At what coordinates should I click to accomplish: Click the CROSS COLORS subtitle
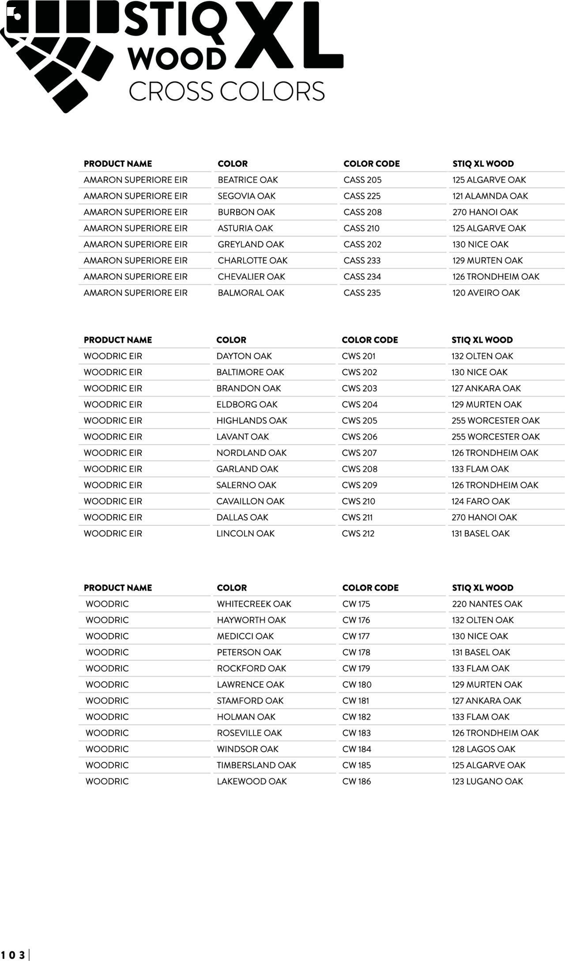point(226,91)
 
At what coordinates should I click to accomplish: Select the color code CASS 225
point(362,196)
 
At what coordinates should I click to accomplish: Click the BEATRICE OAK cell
point(248,180)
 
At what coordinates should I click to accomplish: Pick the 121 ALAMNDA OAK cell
point(490,196)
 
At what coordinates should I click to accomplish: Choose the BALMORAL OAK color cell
point(251,293)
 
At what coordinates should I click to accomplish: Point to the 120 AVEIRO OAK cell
point(486,293)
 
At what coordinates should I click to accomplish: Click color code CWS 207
point(359,453)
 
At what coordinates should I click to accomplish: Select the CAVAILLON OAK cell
point(250,501)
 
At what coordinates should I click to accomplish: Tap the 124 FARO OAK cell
point(480,501)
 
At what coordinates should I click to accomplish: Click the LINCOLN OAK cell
point(245,534)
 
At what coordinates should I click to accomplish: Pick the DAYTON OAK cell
point(244,356)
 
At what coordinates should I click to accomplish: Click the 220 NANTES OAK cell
point(487,604)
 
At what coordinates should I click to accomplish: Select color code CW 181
point(356,701)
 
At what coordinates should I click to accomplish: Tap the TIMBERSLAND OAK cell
point(256,765)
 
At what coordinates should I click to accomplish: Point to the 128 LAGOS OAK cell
point(483,749)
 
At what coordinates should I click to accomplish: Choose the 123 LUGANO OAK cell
point(487,781)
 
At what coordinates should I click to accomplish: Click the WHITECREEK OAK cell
point(254,604)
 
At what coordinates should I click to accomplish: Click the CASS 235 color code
point(362,293)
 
